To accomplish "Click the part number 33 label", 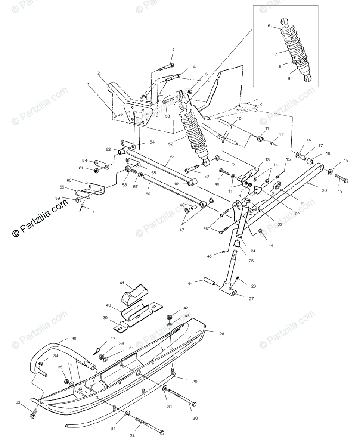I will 18,402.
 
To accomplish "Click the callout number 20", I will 324,190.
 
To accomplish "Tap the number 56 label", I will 148,194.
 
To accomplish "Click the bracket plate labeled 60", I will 95,188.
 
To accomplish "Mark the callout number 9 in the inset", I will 288,78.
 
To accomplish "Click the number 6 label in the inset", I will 269,26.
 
